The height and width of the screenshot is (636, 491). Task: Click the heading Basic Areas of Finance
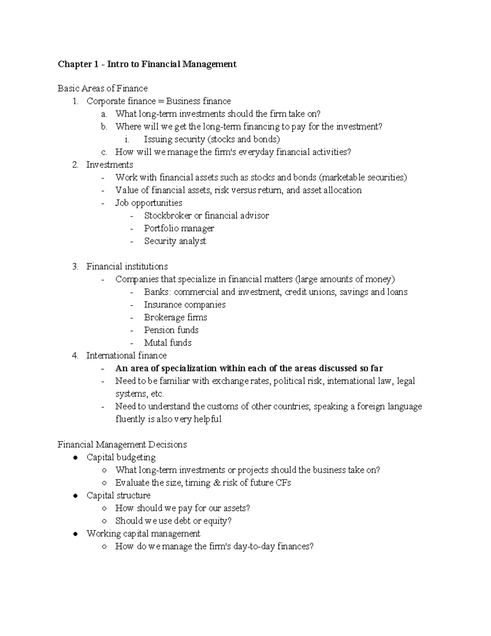point(102,88)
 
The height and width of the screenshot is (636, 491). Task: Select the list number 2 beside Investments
point(75,165)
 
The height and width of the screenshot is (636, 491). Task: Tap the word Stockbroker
point(168,215)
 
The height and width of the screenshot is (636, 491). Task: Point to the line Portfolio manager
point(179,228)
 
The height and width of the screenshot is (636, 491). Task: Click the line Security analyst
point(175,241)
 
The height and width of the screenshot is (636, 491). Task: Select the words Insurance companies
point(185,304)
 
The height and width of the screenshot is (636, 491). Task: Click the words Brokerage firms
point(176,317)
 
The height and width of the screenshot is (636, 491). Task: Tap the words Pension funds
point(171,330)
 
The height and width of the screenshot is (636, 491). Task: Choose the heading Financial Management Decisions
point(122,444)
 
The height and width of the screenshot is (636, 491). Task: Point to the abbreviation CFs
point(283,483)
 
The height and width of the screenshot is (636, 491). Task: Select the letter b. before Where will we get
point(104,127)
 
